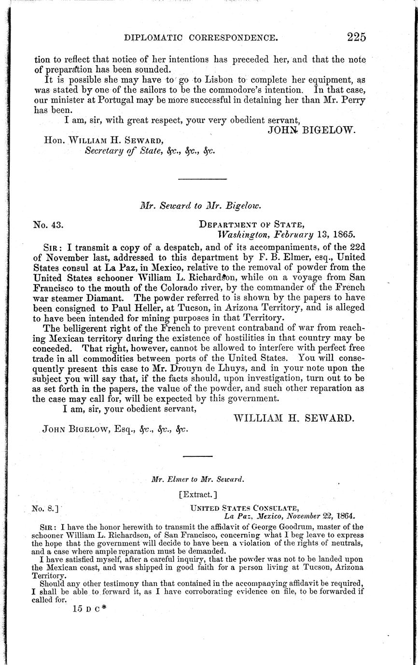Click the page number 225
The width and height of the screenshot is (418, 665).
[x=356, y=37]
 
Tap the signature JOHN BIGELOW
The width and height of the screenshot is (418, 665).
[x=311, y=130]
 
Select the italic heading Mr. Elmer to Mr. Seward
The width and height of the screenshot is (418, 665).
[x=197, y=479]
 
